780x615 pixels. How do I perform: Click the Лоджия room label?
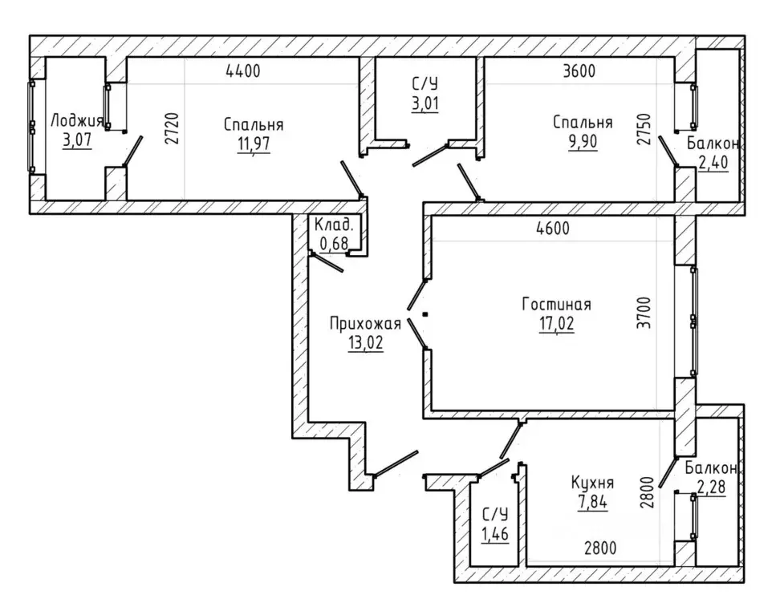point(77,120)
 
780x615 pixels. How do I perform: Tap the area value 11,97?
point(254,144)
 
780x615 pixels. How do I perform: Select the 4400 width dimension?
point(243,71)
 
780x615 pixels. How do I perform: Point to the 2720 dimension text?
point(172,128)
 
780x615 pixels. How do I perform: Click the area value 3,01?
point(425,104)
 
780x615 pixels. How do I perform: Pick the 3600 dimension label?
point(579,71)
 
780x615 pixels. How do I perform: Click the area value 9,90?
point(583,142)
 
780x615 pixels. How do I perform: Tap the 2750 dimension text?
point(644,129)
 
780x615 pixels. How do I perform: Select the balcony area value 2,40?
point(713,163)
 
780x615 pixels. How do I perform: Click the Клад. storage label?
point(334,225)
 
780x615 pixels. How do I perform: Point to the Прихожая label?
point(365,324)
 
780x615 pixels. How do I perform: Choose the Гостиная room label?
point(557,304)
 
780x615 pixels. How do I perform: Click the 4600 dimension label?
point(553,229)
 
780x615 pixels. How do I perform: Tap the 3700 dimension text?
point(644,313)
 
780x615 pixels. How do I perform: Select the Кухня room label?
point(592,483)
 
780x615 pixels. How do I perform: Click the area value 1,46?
point(495,534)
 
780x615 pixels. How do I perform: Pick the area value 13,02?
point(366,343)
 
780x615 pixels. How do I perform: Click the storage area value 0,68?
point(334,244)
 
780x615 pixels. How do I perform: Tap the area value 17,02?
point(557,324)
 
